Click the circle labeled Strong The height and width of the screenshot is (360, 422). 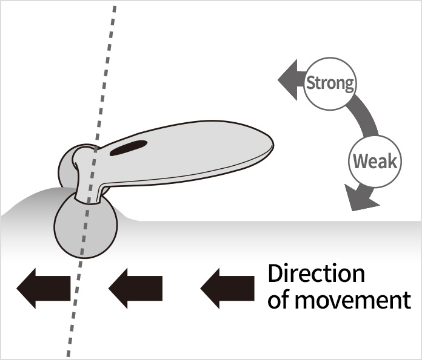330,83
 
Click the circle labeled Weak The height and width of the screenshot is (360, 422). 374,162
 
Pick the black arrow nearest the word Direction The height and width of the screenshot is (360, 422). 227,287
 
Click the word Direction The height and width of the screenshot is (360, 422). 316,273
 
